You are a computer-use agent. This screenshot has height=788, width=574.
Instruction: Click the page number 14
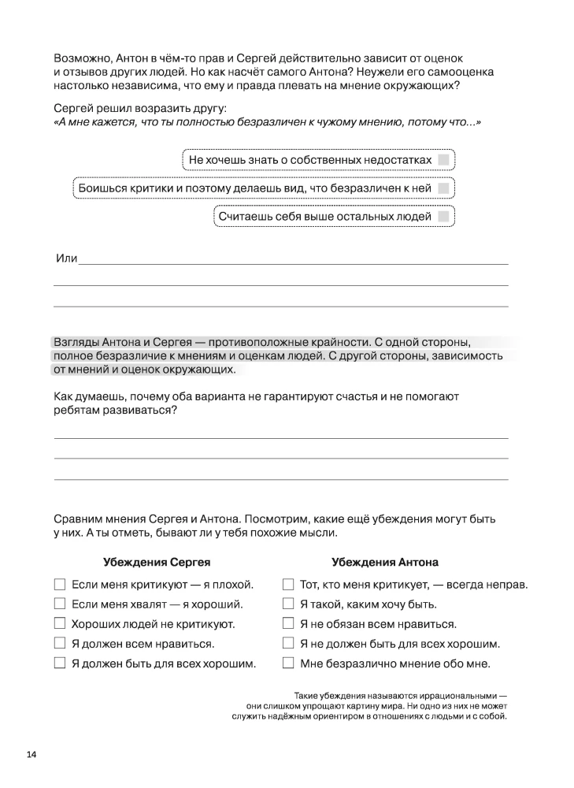click(31, 755)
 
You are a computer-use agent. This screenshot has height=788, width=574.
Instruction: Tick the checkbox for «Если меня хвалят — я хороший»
click(59, 604)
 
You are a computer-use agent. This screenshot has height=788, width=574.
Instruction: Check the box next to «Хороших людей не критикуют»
click(59, 624)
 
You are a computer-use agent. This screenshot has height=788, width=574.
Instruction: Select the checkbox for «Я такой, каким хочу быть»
click(288, 604)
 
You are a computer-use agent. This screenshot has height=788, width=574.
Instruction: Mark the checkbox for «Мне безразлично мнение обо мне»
click(288, 663)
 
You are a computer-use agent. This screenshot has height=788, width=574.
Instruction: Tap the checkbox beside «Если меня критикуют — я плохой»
click(59, 585)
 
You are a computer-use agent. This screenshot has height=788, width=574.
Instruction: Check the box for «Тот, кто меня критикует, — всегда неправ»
click(288, 585)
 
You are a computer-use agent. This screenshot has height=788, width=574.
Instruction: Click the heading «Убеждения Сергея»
click(157, 563)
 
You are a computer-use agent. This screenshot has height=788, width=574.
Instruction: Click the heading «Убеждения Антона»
click(385, 563)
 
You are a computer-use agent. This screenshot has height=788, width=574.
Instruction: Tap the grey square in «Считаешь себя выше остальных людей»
click(444, 216)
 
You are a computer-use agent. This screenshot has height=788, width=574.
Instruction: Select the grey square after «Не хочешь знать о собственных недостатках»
click(444, 160)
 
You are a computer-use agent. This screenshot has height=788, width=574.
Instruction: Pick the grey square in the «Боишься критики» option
click(444, 188)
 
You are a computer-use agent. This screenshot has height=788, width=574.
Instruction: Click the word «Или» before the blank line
click(65, 259)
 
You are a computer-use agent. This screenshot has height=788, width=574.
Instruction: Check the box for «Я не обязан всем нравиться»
click(288, 624)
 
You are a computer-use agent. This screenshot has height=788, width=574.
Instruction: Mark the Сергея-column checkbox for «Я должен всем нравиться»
click(59, 644)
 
